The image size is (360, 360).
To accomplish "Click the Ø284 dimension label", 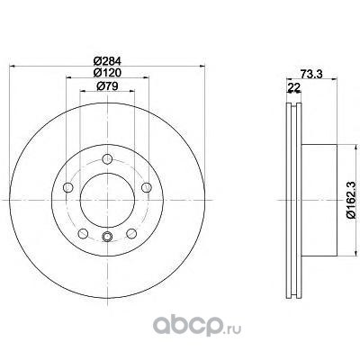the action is pyautogui.click(x=107, y=61).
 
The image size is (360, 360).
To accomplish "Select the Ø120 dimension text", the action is pyautogui.click(x=107, y=73).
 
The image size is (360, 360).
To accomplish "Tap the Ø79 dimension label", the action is pyautogui.click(x=107, y=86).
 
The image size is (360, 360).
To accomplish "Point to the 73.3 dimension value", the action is pyautogui.click(x=311, y=74).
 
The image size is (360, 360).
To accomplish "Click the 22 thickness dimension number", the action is pyautogui.click(x=294, y=87).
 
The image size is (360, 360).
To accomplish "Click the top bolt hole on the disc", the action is pyautogui.click(x=107, y=158).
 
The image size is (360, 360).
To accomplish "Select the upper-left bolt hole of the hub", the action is pyautogui.click(x=68, y=187).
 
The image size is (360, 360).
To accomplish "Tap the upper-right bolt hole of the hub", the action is pyautogui.click(x=147, y=187).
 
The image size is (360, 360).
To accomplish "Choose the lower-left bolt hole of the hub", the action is pyautogui.click(x=83, y=233).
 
